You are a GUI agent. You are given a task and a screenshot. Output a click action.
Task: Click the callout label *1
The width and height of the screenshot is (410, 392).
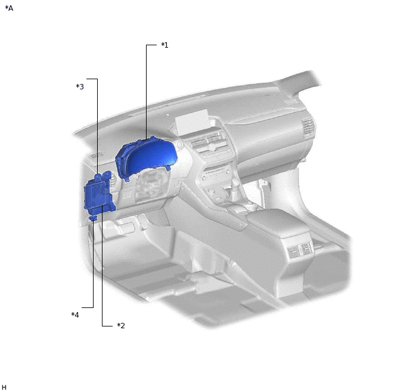[164, 45]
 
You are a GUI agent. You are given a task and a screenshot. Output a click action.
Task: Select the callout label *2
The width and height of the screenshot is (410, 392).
[120, 325]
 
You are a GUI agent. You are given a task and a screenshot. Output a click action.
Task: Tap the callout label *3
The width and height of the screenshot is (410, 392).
[80, 87]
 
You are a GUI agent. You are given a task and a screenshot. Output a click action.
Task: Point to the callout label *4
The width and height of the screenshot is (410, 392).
[75, 315]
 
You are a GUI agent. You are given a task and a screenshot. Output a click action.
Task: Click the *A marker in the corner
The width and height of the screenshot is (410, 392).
[9, 8]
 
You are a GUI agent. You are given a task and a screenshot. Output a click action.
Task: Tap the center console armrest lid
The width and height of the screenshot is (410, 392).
[280, 223]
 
